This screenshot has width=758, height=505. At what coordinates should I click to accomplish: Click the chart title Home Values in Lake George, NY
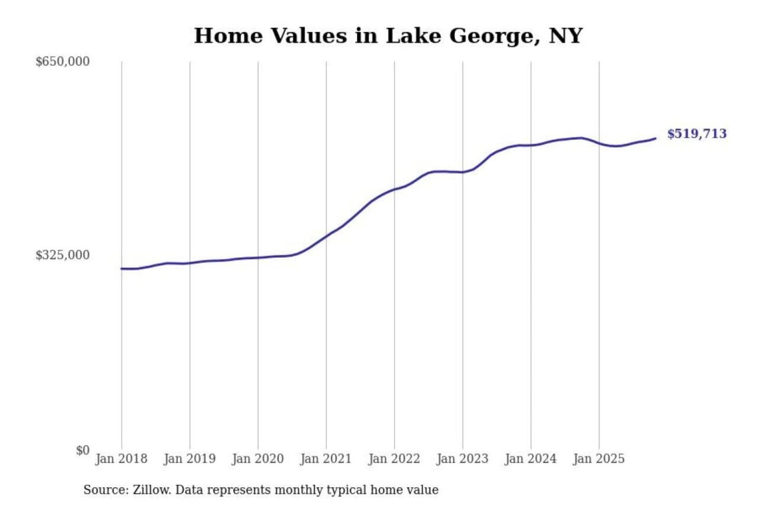pos(388,36)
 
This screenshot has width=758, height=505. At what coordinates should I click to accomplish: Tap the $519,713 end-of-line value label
pos(696,134)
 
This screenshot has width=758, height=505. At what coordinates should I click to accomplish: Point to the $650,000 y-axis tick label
pos(63,62)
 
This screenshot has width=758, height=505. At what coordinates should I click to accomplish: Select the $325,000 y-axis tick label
pos(63,255)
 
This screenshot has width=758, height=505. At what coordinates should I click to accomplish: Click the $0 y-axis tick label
pos(83,450)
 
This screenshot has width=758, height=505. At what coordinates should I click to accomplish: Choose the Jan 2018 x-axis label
pos(121,459)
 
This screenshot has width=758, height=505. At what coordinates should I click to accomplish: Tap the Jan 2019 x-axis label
pos(189,459)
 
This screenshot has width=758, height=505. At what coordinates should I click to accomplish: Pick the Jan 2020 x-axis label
pos(258,459)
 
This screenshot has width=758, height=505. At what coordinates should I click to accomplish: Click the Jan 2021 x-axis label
pos(326,459)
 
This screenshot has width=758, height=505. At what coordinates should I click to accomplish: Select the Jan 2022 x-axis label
pos(394,459)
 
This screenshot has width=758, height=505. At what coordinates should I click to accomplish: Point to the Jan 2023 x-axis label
pos(462,459)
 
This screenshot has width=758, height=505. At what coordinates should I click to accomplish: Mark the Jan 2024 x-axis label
pos(531,459)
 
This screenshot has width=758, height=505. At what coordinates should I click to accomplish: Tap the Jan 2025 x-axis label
pos(599,459)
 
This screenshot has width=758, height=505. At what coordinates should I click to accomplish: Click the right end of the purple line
pos(655,138)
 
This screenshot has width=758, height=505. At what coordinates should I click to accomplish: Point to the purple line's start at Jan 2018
pos(122,268)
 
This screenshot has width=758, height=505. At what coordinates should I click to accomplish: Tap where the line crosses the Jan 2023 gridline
pos(463,172)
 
